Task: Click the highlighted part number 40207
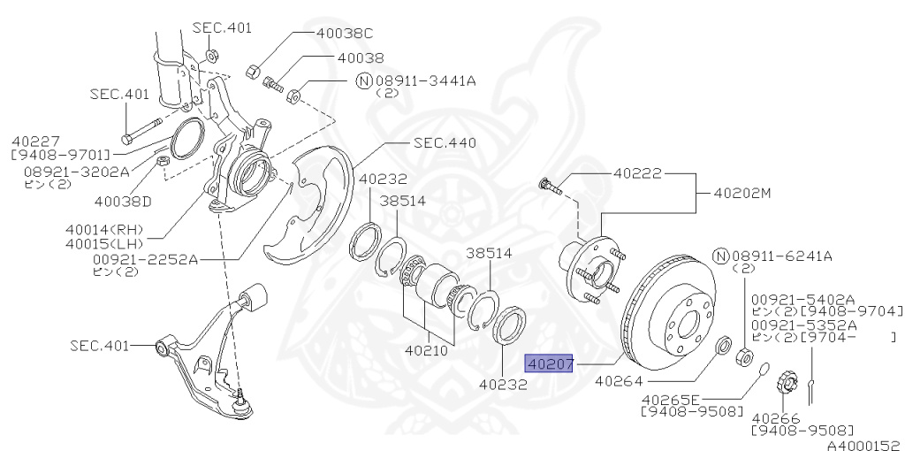[550, 363]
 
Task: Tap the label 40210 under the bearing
[428, 350]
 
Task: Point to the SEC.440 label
[445, 142]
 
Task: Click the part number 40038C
[344, 34]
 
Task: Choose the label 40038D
[123, 201]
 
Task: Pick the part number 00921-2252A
[146, 259]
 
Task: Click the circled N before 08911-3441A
[362, 80]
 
